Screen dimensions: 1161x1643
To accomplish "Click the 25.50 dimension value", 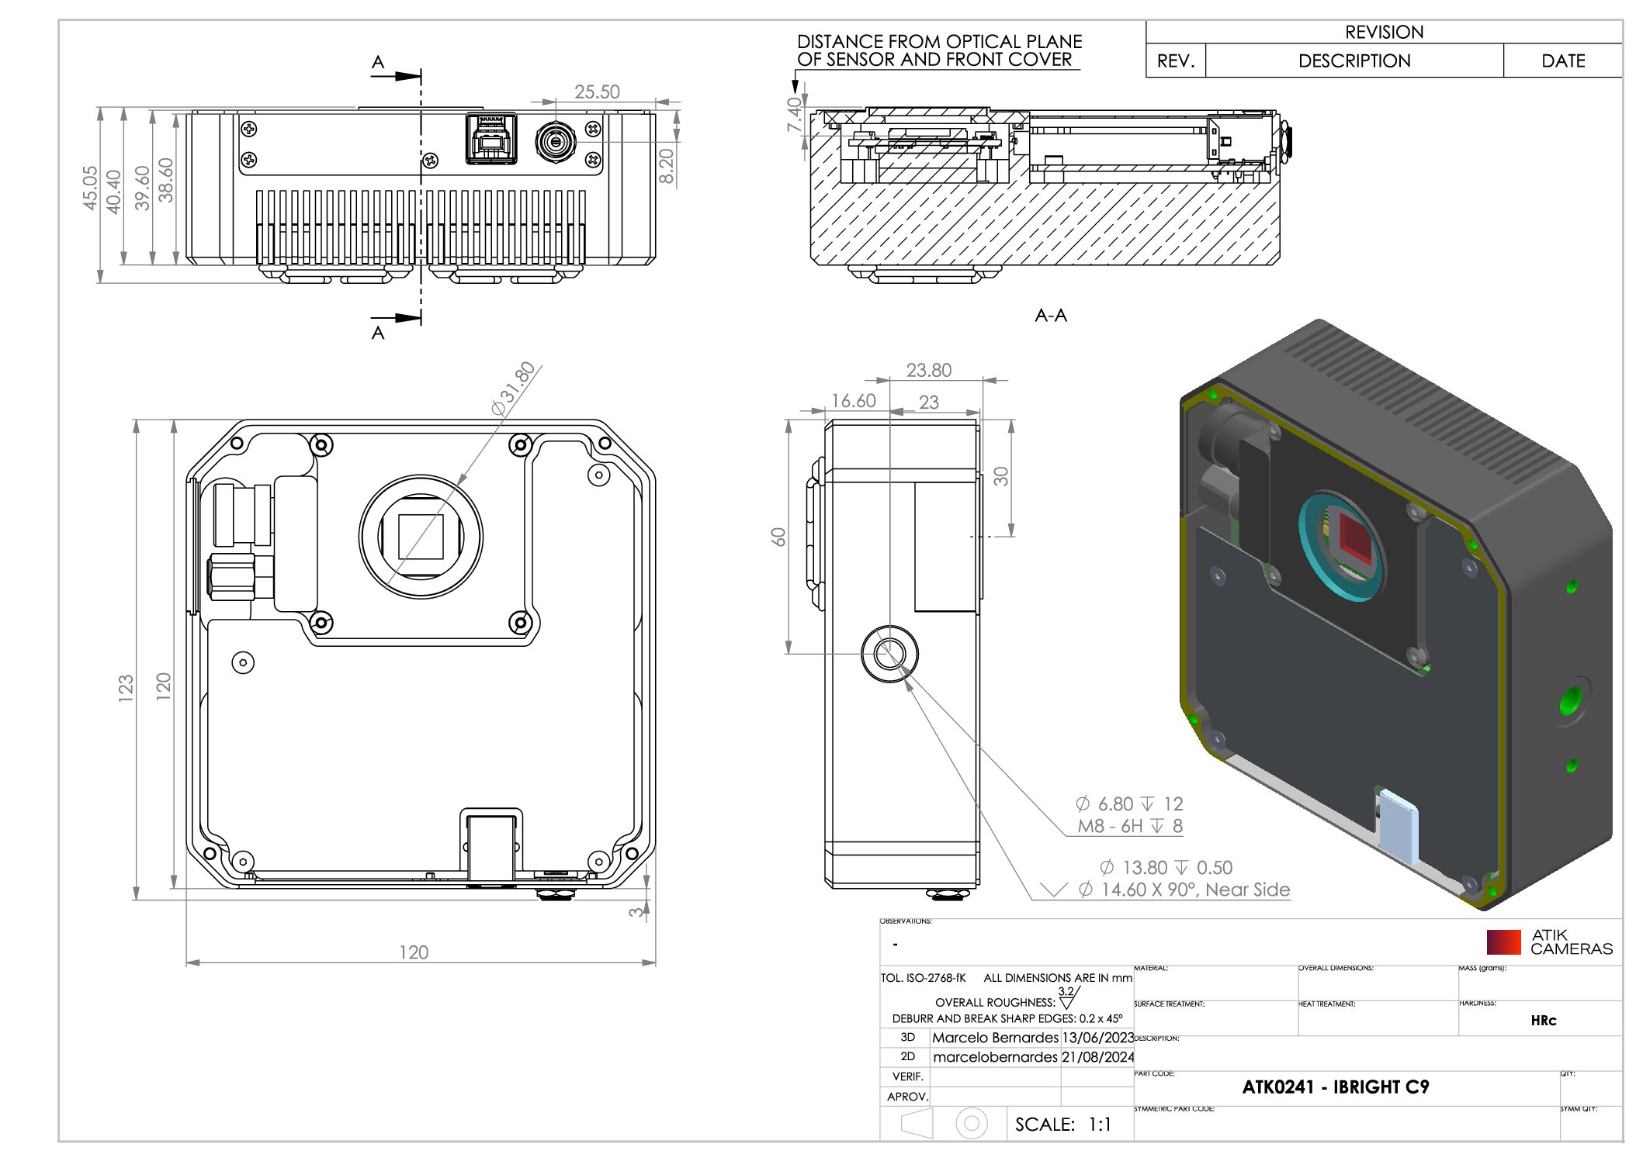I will pyautogui.click(x=596, y=92).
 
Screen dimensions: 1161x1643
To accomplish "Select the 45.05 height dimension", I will pyautogui.click(x=90, y=188).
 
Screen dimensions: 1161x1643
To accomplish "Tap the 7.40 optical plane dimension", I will pyautogui.click(x=794, y=114).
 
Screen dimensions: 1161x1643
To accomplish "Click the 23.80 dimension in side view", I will pyautogui.click(x=928, y=370).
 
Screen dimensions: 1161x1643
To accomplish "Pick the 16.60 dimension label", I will pyautogui.click(x=853, y=401).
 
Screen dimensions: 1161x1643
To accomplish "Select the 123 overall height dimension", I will pyautogui.click(x=126, y=688).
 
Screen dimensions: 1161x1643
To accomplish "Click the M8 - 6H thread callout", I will pyautogui.click(x=1129, y=826).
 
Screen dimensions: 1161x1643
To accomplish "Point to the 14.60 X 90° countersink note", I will pyautogui.click(x=1194, y=890).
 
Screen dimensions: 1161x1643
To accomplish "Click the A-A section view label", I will pyautogui.click(x=1051, y=315).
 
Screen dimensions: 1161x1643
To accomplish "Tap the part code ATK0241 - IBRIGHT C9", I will pyautogui.click(x=1335, y=1087).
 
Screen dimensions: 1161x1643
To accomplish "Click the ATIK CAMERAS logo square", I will pyautogui.click(x=1503, y=942).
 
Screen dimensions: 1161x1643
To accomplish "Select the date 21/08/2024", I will pyautogui.click(x=1097, y=1056).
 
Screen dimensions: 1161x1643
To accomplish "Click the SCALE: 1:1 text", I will pyautogui.click(x=1062, y=1124).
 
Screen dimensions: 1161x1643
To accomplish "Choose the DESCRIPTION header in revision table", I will pyautogui.click(x=1354, y=60).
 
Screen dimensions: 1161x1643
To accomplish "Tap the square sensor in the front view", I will pyautogui.click(x=421, y=537).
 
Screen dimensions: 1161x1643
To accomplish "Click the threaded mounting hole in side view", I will pyautogui.click(x=889, y=653).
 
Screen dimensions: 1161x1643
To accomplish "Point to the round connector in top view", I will pyautogui.click(x=555, y=142).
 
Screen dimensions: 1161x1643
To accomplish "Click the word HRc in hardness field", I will pyautogui.click(x=1543, y=1021).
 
